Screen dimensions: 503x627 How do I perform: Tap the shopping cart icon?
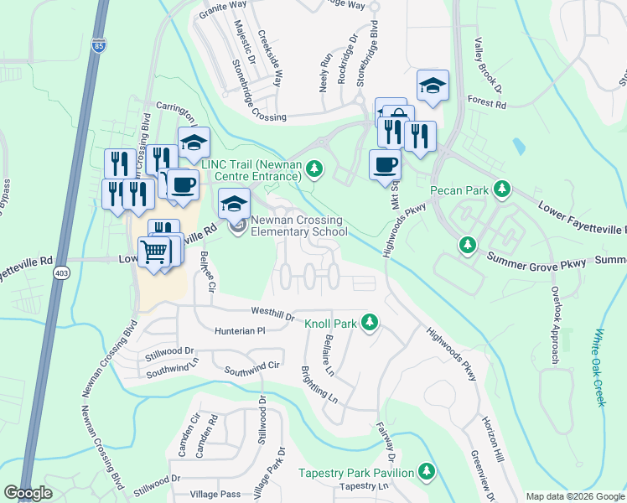154,250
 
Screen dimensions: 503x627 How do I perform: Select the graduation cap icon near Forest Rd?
433,85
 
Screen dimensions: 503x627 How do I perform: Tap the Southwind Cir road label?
251,367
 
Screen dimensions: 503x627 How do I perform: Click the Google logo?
28,493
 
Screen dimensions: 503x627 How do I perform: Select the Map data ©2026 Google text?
574,495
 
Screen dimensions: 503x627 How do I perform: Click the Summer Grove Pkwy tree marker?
467,245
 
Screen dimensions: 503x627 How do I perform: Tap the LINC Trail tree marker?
314,169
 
